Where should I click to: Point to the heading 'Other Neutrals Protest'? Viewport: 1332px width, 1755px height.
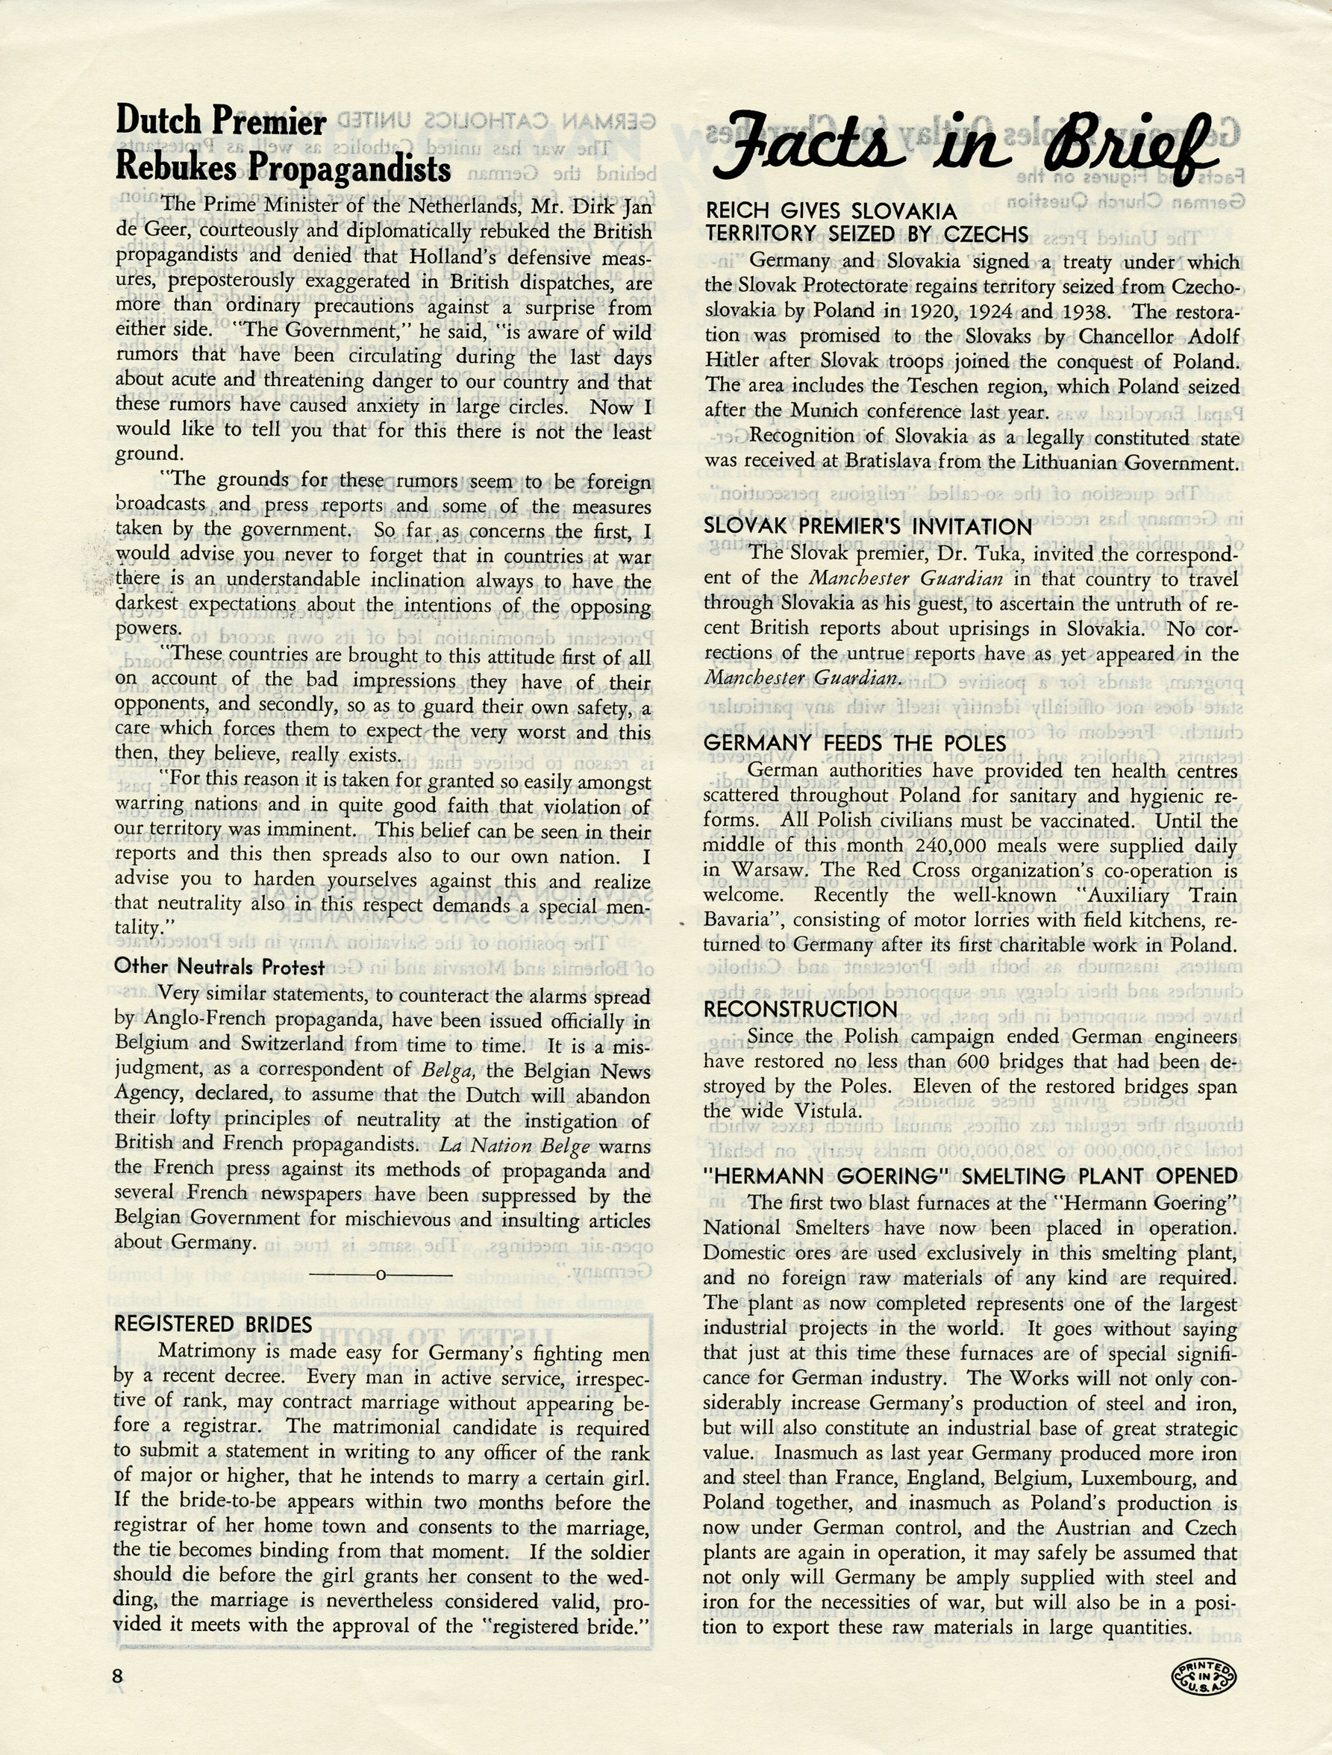tap(219, 967)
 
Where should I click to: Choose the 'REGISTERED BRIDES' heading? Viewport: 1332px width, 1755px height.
tap(213, 1324)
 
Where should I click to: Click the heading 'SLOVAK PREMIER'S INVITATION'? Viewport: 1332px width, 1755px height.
tap(868, 527)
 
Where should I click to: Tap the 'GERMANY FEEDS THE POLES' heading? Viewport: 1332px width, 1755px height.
tap(854, 743)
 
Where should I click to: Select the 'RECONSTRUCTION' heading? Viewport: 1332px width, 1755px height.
tap(801, 1010)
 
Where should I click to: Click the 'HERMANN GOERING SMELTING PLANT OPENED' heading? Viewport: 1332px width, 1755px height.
tap(970, 1176)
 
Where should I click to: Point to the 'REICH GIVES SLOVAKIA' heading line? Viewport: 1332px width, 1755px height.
tap(831, 211)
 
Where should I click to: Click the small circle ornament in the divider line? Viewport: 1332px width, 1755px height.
tap(381, 1275)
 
